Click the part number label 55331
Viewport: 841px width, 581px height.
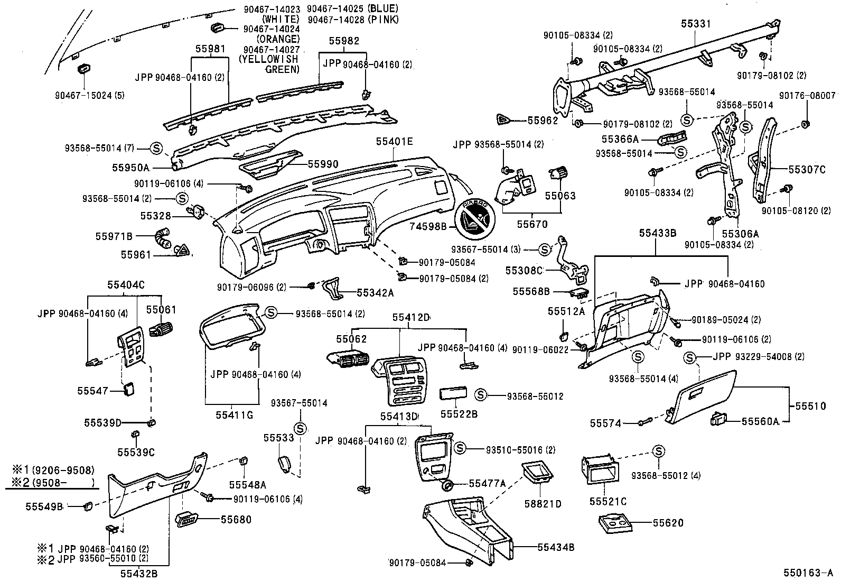point(695,24)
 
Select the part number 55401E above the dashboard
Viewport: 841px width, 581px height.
point(394,142)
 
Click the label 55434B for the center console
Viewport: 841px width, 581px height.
point(556,547)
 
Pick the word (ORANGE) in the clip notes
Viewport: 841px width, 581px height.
point(278,39)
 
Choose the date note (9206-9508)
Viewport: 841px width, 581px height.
point(63,469)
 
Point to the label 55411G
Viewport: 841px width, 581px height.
point(234,415)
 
